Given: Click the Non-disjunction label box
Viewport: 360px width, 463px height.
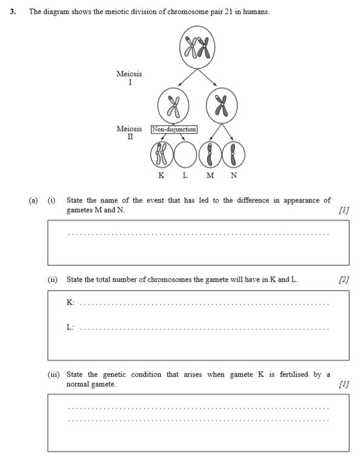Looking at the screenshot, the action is click(x=174, y=129).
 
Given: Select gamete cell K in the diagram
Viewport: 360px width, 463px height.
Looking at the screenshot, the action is click(x=162, y=155).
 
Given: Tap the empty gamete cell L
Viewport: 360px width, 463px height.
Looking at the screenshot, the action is click(x=185, y=155).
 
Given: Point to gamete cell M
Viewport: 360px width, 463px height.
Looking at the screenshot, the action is click(x=210, y=155).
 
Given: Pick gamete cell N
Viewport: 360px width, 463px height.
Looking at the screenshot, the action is click(x=233, y=155).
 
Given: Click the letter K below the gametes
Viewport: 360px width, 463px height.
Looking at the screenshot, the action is click(x=161, y=175).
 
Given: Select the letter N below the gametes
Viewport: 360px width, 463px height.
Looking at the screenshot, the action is click(x=234, y=175).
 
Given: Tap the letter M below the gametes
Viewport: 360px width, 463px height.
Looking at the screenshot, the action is click(x=210, y=175).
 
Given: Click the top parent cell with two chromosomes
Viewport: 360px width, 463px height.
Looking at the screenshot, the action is click(x=197, y=47).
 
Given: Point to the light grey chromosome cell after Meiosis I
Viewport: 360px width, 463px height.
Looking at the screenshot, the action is click(x=173, y=106).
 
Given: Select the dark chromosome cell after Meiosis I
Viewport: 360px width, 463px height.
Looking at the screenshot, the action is click(x=222, y=106).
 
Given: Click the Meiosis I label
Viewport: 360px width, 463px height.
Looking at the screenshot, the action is click(x=129, y=77).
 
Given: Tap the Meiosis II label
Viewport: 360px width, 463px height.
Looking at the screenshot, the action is click(x=129, y=132).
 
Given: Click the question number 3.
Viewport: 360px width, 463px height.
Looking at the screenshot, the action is click(x=13, y=12).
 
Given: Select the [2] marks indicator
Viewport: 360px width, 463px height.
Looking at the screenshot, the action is click(x=344, y=279).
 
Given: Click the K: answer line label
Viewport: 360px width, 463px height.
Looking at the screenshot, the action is click(x=71, y=302).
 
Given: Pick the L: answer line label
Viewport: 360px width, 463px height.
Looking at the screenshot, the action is click(x=70, y=327).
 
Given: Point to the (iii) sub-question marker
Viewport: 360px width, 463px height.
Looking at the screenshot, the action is click(x=54, y=374).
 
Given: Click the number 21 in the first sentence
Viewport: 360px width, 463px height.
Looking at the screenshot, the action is click(x=229, y=12).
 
